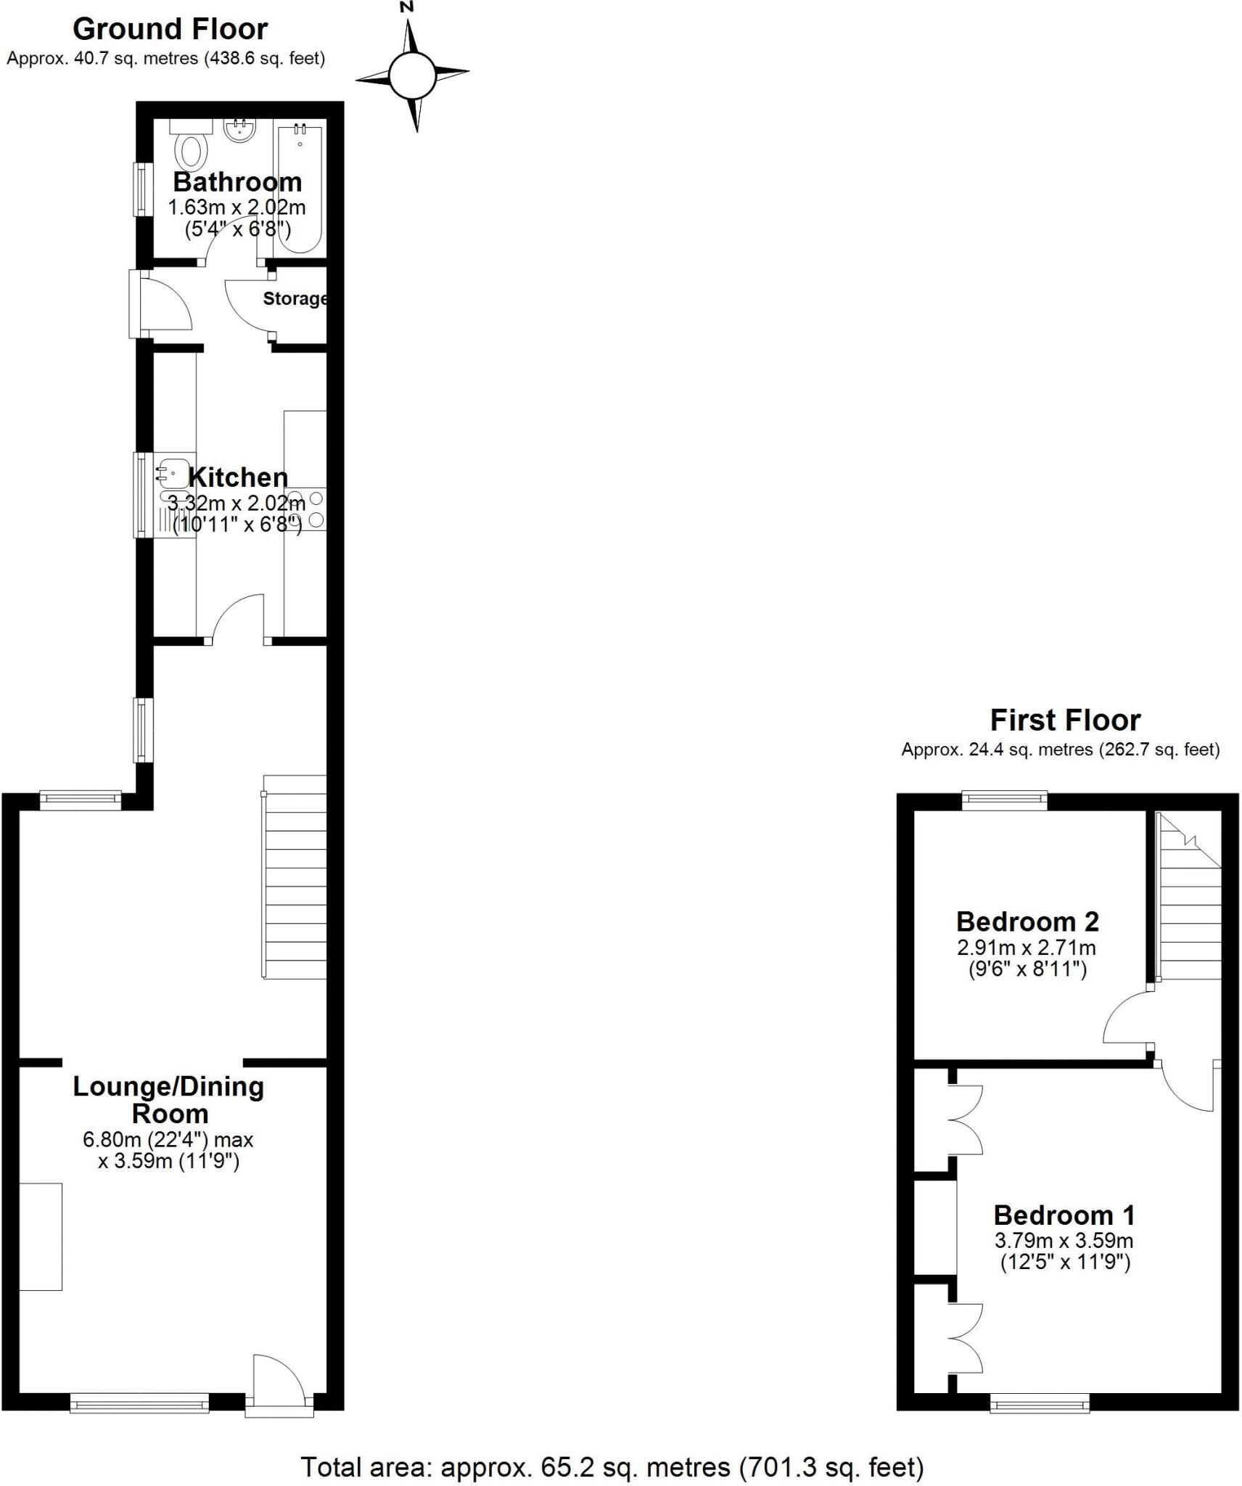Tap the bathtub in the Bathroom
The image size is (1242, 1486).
tap(300, 189)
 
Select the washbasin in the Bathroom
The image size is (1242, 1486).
tap(239, 131)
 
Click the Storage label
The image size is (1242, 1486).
tap(295, 298)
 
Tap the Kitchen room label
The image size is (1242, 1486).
tap(238, 477)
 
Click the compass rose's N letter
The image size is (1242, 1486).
tap(407, 7)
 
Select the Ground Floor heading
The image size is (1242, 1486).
tap(170, 29)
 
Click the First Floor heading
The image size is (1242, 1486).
tap(1065, 721)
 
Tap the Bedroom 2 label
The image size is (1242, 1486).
tap(1027, 921)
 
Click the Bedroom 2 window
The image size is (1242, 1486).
tap(1005, 800)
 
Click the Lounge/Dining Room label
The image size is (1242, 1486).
tap(168, 1100)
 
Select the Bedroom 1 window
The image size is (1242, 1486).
tap(1040, 1405)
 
